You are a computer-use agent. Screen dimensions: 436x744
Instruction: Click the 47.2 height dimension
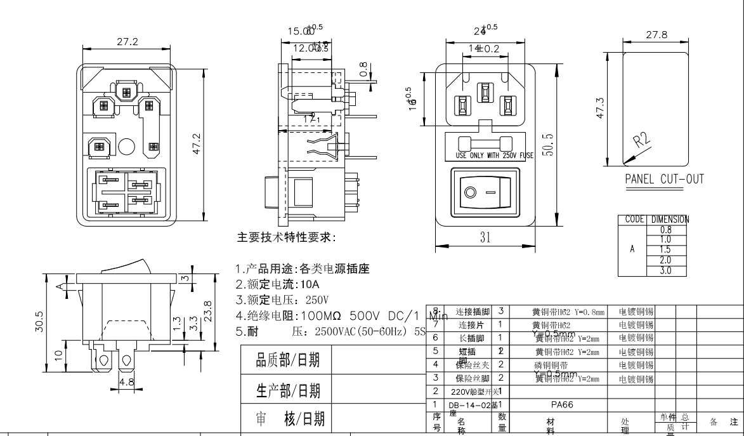coord(197,144)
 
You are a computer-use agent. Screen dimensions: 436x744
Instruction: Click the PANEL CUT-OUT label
coord(664,179)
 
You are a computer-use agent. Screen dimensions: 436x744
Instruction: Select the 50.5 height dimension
coord(549,145)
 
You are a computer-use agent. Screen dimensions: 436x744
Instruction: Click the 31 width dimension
coord(485,237)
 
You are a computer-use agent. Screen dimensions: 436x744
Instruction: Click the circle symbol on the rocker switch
coord(470,191)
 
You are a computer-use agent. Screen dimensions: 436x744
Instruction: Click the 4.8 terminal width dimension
coord(127,382)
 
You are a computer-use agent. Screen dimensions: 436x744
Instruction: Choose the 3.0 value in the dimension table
coord(665,271)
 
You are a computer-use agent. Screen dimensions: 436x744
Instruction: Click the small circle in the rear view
coord(126,147)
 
